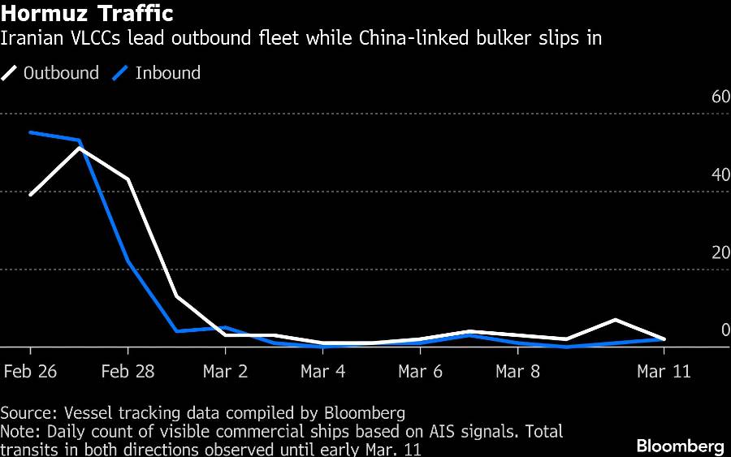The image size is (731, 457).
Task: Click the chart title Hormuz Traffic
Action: [87, 15]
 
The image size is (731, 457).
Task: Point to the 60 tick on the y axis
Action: [720, 97]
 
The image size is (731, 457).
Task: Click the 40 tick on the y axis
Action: [720, 175]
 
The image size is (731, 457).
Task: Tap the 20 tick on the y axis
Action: [720, 252]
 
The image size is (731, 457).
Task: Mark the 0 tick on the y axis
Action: [725, 330]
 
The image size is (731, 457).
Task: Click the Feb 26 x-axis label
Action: [31, 372]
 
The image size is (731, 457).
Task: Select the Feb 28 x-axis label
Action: [128, 372]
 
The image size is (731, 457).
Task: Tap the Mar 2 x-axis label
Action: [226, 372]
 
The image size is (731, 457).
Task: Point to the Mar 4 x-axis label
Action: [323, 372]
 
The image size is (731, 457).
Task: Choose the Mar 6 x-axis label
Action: [421, 372]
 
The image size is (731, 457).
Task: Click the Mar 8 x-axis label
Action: [518, 372]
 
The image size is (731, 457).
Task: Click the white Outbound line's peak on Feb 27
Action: [80, 148]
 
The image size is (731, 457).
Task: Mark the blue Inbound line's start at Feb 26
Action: [31, 132]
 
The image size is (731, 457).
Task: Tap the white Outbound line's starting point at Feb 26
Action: [31, 194]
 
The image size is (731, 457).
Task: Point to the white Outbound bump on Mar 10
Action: [616, 320]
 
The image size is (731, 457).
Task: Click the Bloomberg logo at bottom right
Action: [680, 446]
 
